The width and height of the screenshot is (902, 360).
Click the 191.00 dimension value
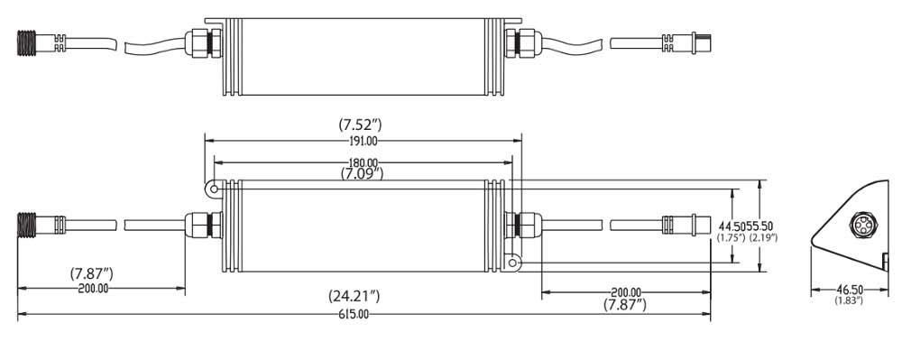click(363, 142)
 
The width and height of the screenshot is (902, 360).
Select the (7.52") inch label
click(360, 125)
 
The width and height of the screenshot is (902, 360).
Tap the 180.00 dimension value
click(363, 162)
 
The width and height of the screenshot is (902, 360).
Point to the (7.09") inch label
click(362, 172)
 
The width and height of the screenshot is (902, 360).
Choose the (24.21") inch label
click(354, 297)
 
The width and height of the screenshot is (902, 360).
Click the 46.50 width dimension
click(846, 291)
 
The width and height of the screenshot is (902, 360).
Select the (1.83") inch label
click(846, 300)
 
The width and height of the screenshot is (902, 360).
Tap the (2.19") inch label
click(764, 237)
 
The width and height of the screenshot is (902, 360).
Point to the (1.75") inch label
click(732, 237)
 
